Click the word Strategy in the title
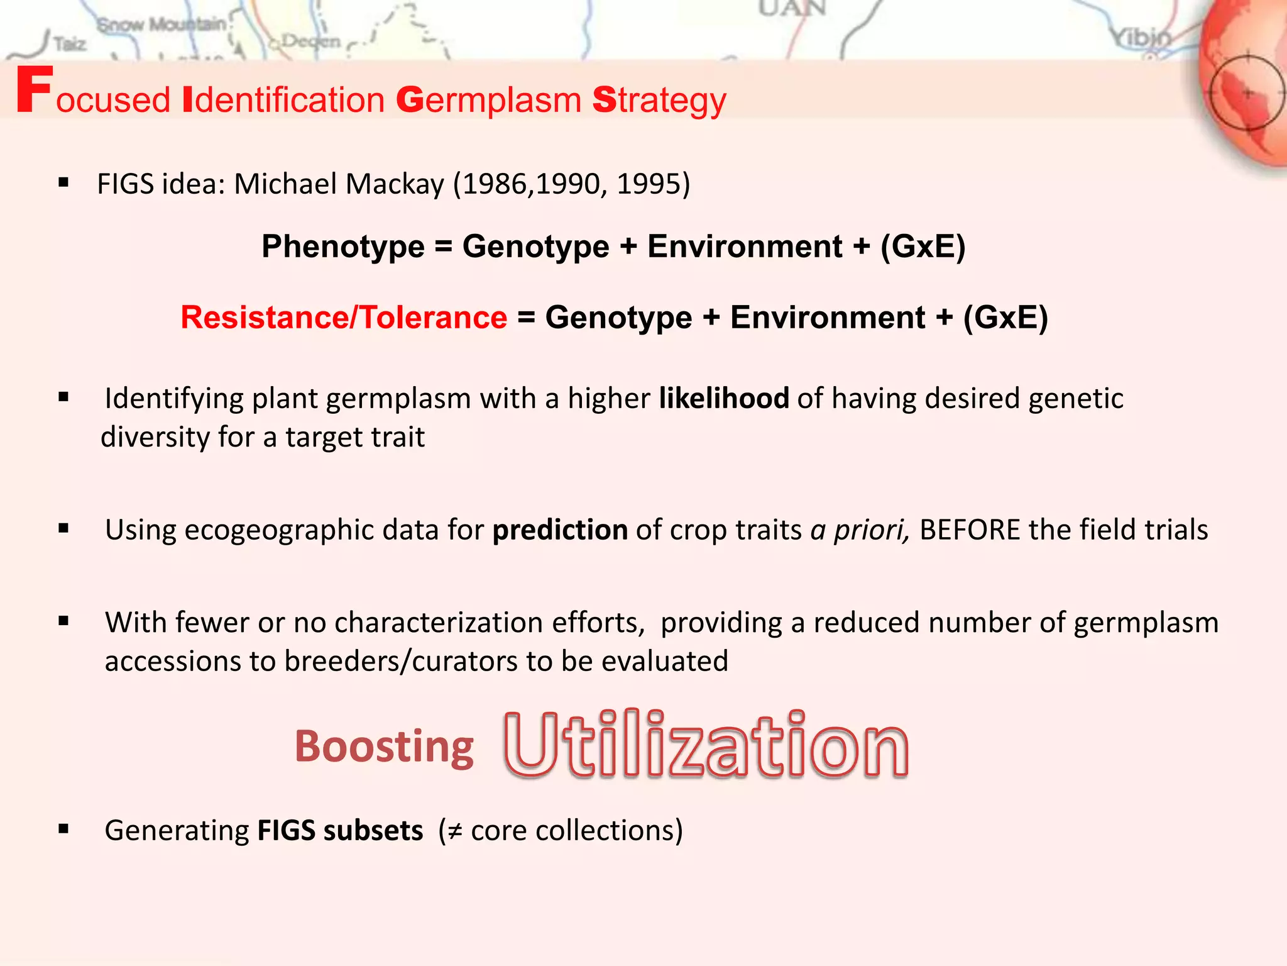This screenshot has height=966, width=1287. (659, 101)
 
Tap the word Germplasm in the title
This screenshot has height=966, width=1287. (489, 101)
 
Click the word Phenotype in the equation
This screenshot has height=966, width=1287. (343, 246)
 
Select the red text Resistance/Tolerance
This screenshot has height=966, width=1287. (344, 317)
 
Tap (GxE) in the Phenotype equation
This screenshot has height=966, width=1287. (923, 246)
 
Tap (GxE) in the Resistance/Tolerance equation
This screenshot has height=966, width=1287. (1005, 317)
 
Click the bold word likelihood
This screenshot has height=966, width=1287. (724, 398)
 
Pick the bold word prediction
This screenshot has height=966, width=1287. (560, 530)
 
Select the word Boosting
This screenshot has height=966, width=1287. (384, 747)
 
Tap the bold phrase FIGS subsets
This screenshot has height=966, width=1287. (340, 830)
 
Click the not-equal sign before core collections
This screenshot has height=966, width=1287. (455, 831)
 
